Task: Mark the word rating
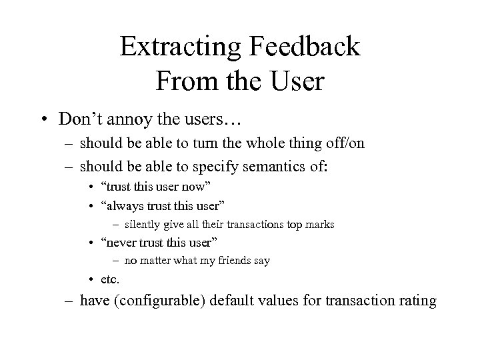[x=417, y=301]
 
